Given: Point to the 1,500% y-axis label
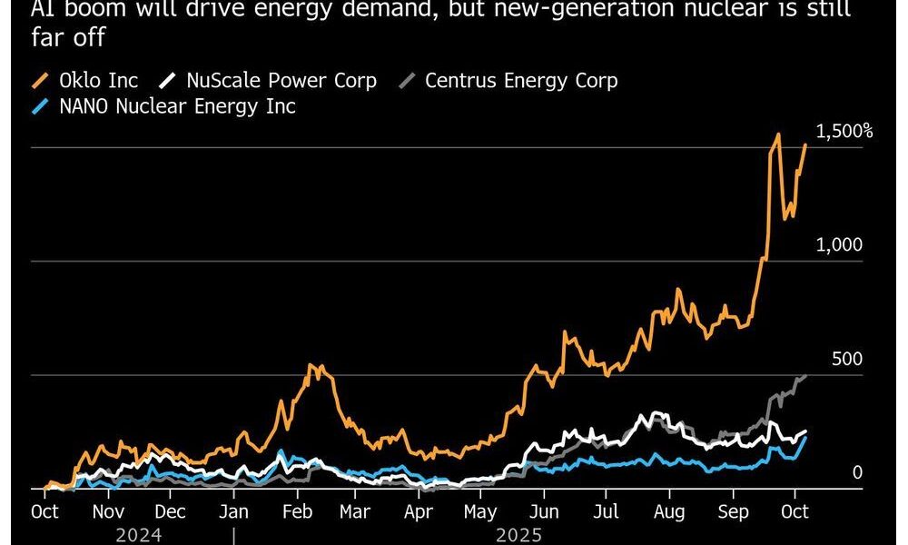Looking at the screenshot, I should pos(844,132).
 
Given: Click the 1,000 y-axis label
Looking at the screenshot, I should pos(840,245).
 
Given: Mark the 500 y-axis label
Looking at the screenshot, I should pos(847,360).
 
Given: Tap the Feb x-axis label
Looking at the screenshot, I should pos(297,511).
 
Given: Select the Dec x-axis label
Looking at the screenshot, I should pos(171,511).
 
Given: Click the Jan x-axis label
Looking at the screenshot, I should pos(234,511).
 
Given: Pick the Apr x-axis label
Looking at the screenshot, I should pos(418,511).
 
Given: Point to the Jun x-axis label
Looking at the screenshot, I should pos(543,511).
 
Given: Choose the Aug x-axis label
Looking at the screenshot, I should pos(670,511).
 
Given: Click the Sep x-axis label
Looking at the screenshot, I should pos(734,511).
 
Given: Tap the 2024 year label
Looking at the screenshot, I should pos(138,535).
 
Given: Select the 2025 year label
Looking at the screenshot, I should pos(519,535).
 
